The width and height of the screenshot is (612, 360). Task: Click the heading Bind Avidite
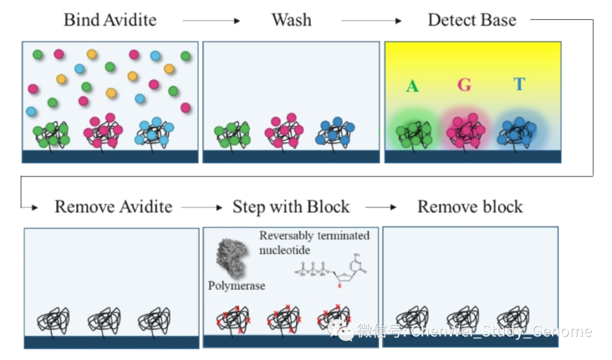click(110, 20)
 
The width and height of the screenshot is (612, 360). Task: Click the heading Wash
click(291, 20)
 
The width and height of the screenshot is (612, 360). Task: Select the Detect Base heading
click(471, 20)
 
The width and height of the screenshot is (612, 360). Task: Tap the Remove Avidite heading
click(113, 207)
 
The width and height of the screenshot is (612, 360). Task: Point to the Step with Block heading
click(291, 207)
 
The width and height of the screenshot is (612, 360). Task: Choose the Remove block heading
click(470, 207)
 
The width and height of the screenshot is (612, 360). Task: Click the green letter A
click(412, 86)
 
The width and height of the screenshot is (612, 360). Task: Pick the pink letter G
click(464, 85)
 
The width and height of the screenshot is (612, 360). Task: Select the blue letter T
click(519, 84)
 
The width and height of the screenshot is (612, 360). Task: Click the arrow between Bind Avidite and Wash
click(211, 21)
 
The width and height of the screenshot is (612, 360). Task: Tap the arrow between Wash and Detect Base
click(371, 21)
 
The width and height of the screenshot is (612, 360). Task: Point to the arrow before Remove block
click(381, 208)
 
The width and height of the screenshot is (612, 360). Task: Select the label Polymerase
click(237, 286)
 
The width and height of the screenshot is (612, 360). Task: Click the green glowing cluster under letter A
click(414, 132)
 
